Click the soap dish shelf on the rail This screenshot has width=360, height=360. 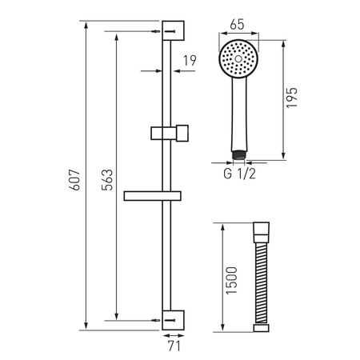pyautogui.click(x=155, y=194)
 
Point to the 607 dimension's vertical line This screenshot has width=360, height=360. pyautogui.click(x=85, y=240)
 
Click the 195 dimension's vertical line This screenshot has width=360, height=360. pyautogui.click(x=286, y=128)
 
